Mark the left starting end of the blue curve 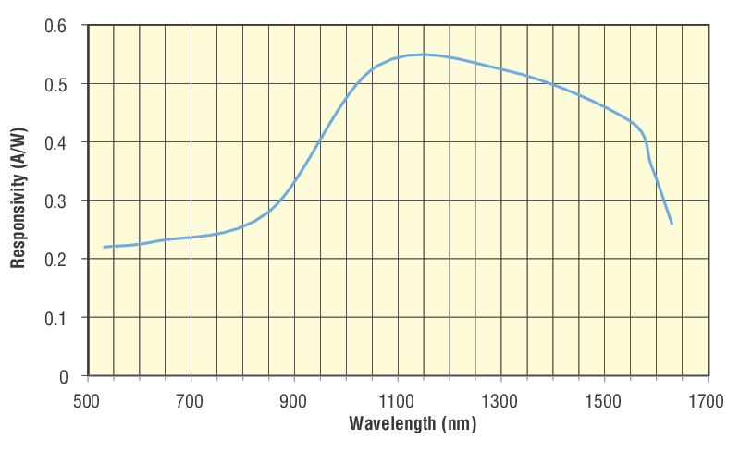(104, 247)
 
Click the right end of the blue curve (672, 224)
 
